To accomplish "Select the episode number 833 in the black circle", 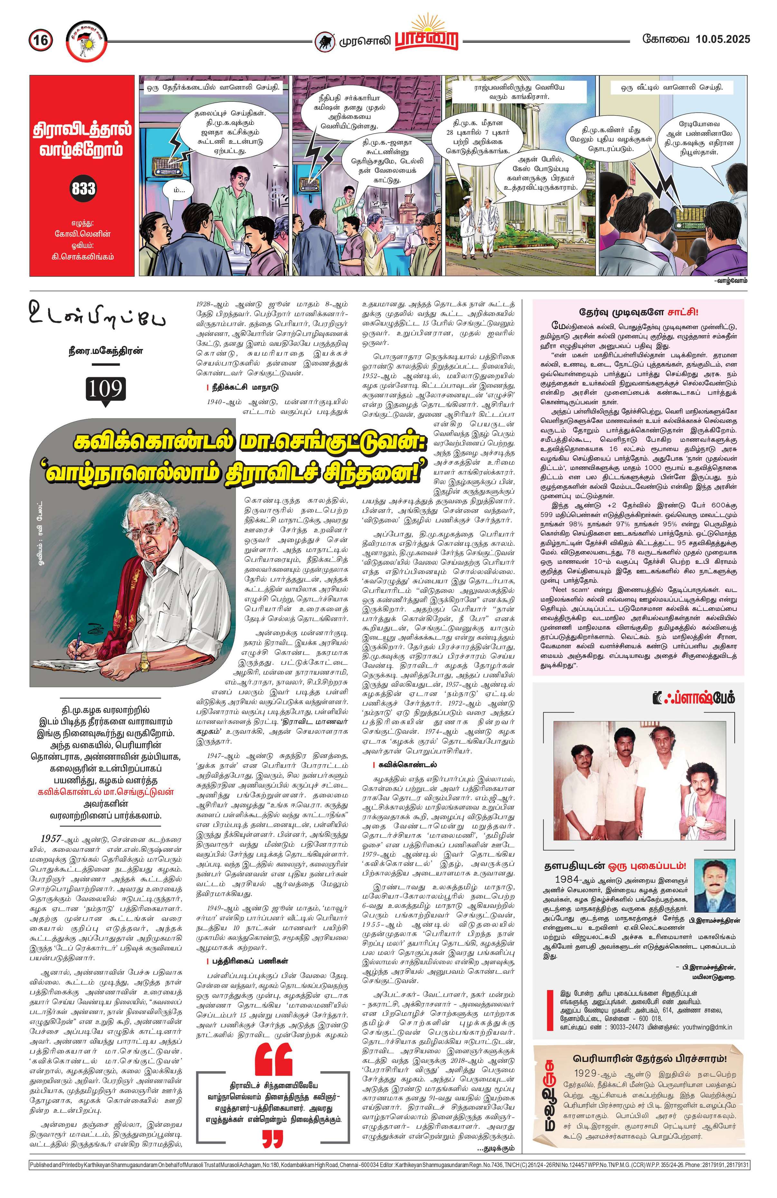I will pyautogui.click(x=84, y=189).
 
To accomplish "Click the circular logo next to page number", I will pyautogui.click(x=86, y=40).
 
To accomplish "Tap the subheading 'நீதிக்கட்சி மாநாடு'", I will pyautogui.click(x=246, y=387).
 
